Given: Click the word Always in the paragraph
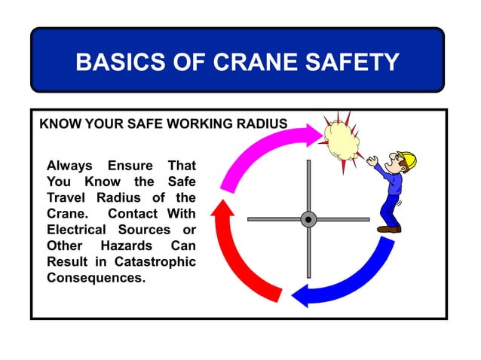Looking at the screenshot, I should click(69, 165).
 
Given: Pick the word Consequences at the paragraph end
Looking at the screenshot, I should click(96, 278).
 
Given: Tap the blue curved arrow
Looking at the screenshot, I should click(354, 279).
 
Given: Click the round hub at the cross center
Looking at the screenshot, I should click(308, 219).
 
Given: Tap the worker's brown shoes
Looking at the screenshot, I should click(389, 228).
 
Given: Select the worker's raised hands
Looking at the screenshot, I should click(372, 160).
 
